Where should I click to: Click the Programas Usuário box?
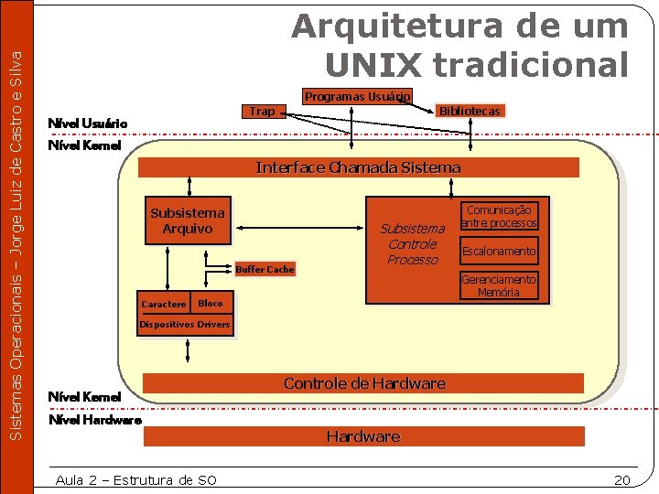358,96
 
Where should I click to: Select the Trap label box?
262,112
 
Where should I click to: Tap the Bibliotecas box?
470,111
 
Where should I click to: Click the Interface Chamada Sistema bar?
358,167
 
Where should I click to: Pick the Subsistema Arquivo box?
187,220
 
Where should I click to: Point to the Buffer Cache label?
265,269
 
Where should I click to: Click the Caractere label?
164,304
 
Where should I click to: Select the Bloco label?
211,303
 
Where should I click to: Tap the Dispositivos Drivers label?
185,325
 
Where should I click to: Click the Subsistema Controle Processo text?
412,244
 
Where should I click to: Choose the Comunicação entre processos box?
499,217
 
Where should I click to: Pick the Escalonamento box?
499,251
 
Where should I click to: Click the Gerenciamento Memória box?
499,285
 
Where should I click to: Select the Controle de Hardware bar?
364,383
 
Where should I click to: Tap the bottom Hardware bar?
363,436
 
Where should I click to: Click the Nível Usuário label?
88,123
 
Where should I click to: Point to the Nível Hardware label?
95,420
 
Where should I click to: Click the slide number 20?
622,479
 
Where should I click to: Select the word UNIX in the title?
374,64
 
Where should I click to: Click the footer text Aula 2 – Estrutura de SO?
135,479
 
